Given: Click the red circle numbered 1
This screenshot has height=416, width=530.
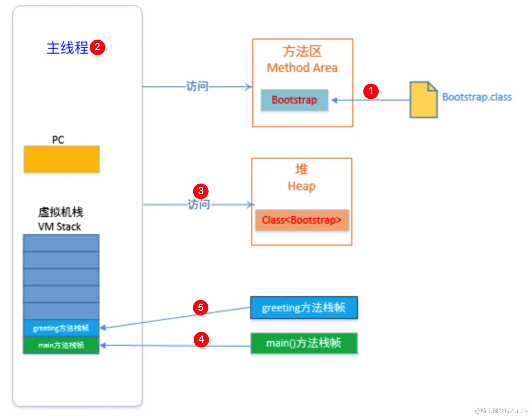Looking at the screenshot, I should click(x=371, y=91).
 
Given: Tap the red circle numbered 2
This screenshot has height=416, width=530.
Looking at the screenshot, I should click(x=98, y=47).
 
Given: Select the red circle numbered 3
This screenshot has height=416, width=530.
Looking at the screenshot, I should click(x=201, y=191).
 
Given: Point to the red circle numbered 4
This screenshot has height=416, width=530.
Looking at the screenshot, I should click(x=201, y=340).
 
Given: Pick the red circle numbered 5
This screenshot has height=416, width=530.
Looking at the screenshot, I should click(x=201, y=308).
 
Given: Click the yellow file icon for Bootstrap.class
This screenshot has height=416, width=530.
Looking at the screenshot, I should click(x=423, y=100).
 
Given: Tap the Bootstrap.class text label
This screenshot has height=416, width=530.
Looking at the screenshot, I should click(x=477, y=97).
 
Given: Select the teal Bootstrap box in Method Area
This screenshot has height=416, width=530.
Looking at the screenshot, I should click(x=295, y=100).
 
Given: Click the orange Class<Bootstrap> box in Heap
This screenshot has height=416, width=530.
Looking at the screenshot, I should click(x=302, y=220).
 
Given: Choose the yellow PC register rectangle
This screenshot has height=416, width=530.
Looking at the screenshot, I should click(x=62, y=159).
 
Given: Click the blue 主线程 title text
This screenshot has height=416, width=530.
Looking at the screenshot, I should click(x=67, y=48).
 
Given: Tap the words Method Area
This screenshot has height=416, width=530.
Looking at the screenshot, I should click(x=302, y=68).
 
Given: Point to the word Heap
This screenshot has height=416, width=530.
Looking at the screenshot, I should click(x=301, y=186).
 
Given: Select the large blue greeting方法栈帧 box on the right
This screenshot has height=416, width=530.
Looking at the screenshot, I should click(x=304, y=308).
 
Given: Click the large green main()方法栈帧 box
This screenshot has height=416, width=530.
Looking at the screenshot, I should click(x=304, y=343).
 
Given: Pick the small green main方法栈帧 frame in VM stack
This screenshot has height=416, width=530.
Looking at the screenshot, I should click(x=61, y=345).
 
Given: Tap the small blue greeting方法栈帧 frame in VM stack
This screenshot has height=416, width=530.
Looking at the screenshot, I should click(x=61, y=328).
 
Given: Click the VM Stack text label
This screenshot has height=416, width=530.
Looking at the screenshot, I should click(x=60, y=227).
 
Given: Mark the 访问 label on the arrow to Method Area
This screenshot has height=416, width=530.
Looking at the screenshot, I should click(x=197, y=86).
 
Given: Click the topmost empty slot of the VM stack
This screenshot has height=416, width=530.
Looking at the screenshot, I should click(x=61, y=243).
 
